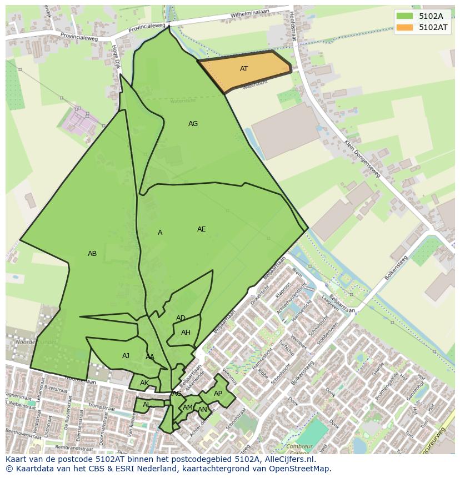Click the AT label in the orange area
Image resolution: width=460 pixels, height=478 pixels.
click(244, 69)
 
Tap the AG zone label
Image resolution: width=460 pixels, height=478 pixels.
click(193, 124)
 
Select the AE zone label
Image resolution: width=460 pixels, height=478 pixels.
click(201, 229)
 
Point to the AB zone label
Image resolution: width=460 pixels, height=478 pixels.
click(92, 254)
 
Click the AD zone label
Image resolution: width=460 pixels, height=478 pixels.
click(181, 318)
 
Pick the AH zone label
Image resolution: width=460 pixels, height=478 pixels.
click(186, 333)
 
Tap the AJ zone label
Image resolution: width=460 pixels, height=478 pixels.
click(126, 356)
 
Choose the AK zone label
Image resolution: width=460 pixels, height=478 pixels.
click(144, 383)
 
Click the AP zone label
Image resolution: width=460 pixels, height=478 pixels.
click(218, 394)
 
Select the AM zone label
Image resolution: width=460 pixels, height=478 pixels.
click(188, 407)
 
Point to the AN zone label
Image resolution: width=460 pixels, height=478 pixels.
click(202, 410)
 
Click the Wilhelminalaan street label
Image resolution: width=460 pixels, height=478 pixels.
click(249, 13)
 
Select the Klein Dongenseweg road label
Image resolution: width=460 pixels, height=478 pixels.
click(362, 158)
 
